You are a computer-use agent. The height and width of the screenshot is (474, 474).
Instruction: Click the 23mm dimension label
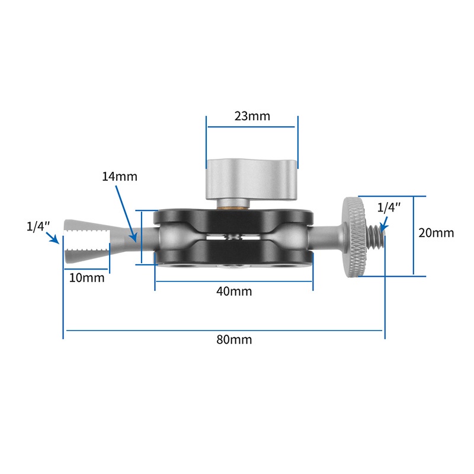252,116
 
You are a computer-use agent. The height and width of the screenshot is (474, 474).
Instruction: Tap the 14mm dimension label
119,177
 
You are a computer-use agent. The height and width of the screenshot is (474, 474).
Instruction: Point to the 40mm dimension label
233,291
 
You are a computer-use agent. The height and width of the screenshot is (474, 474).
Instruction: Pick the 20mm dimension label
436,233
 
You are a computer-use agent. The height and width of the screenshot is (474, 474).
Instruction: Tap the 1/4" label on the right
389,207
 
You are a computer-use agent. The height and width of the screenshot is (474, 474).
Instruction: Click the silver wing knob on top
251,178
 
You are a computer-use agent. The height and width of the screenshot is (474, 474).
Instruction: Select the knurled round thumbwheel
355,236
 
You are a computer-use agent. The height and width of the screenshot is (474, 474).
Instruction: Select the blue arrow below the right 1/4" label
383,224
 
